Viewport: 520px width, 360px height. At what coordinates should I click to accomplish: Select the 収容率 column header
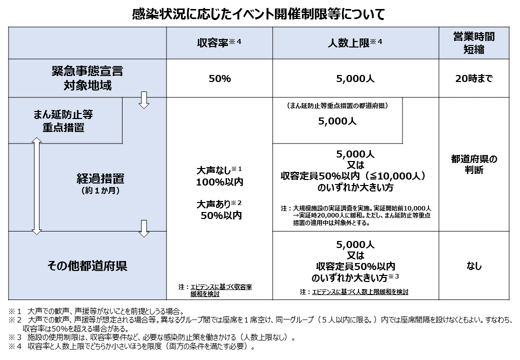219,43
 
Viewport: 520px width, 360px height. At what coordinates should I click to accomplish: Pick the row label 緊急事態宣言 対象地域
87,78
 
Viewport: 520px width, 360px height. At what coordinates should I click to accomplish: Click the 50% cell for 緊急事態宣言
219,78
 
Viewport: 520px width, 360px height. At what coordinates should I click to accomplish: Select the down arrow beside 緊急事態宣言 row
144,99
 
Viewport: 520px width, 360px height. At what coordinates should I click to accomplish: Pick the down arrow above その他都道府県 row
144,228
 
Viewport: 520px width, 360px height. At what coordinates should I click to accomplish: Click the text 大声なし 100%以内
219,176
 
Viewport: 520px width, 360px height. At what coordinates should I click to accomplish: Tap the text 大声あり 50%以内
219,209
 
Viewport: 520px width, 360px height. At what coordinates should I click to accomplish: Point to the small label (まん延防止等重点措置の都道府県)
337,106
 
